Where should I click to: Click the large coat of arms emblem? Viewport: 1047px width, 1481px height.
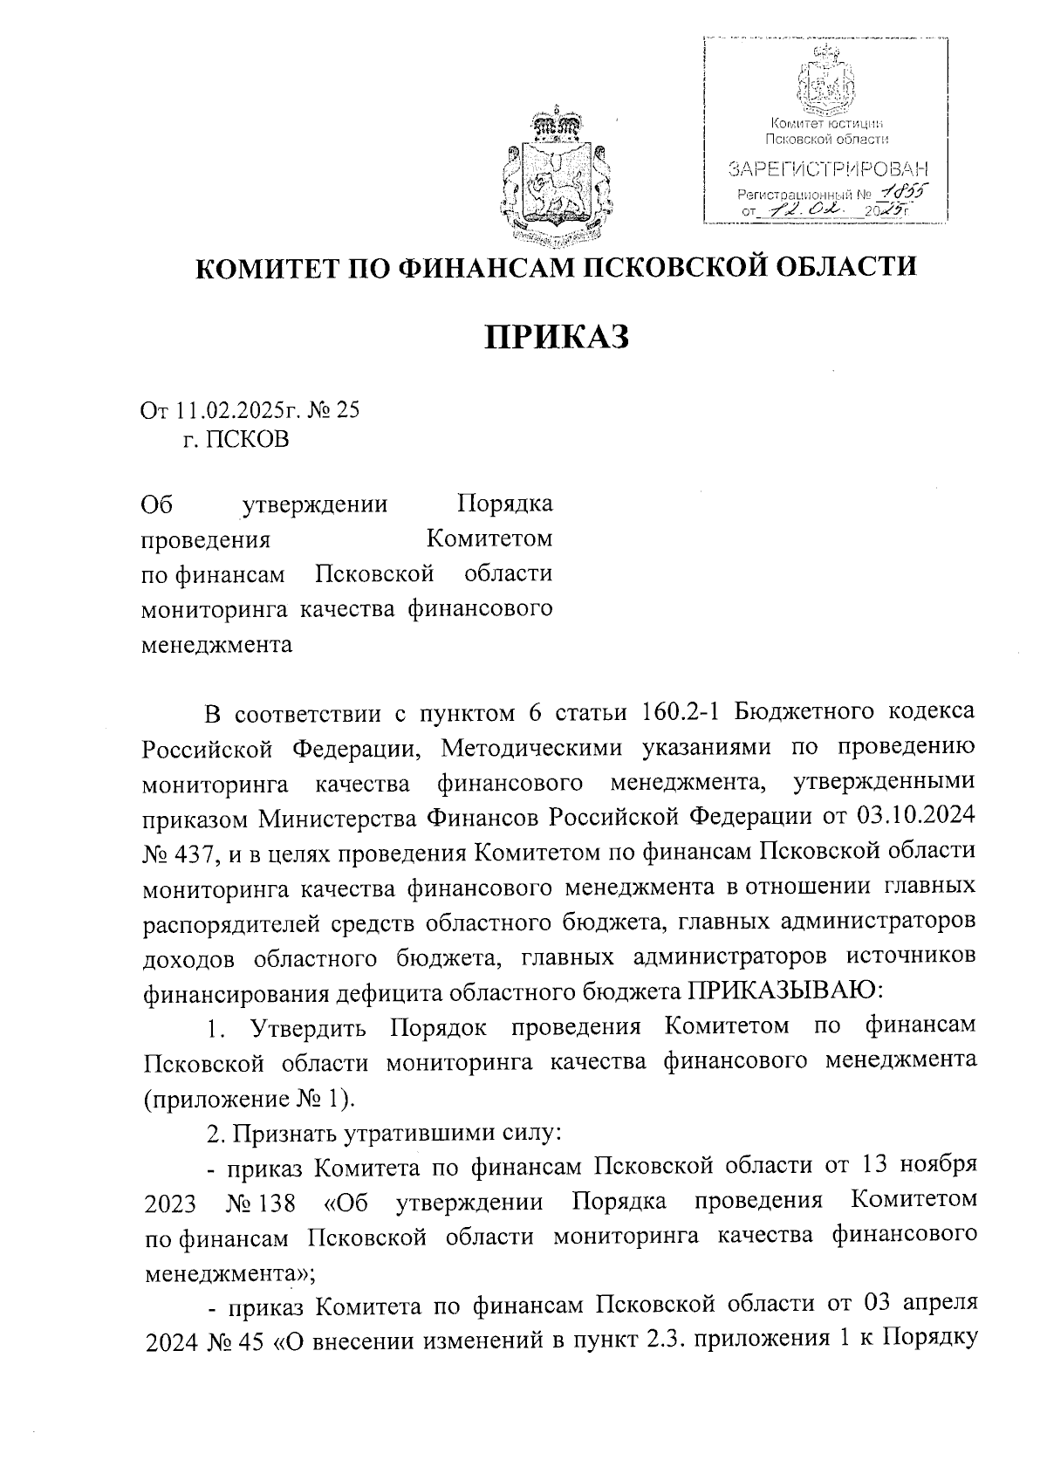555,177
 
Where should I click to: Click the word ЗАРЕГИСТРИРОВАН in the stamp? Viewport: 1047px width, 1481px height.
827,168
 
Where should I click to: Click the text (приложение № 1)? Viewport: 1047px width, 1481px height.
249,1098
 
